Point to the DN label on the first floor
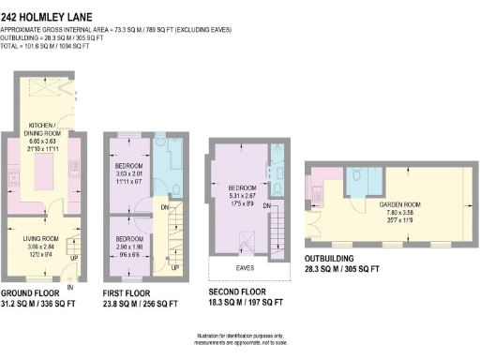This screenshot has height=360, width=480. [166, 207]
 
